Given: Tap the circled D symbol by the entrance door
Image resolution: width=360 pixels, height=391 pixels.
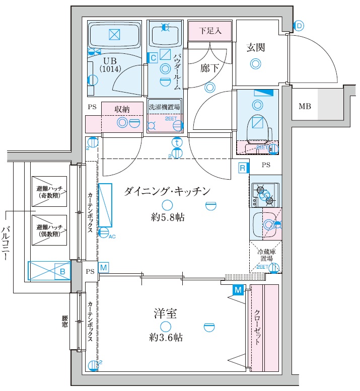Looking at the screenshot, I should point(299,26).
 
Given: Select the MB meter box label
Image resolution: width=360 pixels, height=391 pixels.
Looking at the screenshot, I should point(305,106).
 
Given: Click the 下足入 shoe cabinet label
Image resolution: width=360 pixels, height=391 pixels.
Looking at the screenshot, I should point(210,31).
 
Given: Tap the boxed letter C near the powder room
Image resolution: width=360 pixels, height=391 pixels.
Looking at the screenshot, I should point(153,57).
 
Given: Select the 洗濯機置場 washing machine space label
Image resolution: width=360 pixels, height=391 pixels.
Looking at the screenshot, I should point(164,107).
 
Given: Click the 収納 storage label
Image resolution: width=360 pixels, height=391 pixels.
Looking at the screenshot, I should point(122,109).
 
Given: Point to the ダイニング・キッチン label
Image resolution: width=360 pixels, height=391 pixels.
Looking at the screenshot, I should point(166,191).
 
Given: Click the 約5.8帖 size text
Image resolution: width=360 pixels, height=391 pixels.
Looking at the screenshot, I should point(166,217).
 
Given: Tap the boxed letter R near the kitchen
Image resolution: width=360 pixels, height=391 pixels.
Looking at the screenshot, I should point(242,168).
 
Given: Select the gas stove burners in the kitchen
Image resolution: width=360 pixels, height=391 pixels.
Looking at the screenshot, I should point(265,195).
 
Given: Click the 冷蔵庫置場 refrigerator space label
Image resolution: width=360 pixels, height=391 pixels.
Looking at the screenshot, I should point(267,255).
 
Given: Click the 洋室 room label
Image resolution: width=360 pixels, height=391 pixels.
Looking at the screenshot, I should point(165,314).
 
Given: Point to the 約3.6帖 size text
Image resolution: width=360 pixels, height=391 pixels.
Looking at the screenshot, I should point(166,338).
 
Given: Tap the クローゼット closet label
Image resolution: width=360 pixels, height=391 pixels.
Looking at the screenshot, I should point(257,327).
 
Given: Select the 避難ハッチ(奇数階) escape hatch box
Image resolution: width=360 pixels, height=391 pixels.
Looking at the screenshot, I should point(48,191).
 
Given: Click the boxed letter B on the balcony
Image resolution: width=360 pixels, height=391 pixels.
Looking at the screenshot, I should point(63,271).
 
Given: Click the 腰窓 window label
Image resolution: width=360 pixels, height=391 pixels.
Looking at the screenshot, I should point(64,321).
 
